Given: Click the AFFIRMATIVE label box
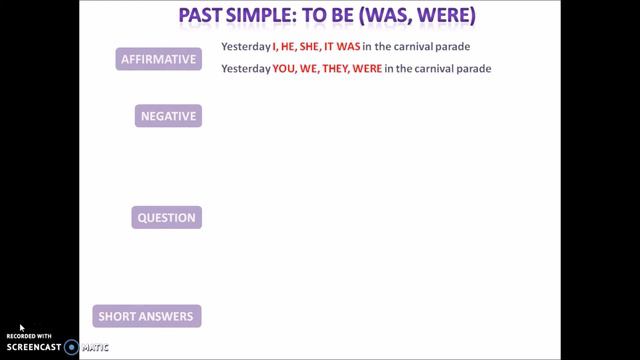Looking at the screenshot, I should (x=159, y=59).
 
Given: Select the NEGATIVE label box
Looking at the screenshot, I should (x=168, y=116).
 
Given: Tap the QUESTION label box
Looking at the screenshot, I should (x=166, y=217).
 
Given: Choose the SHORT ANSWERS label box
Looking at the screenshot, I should (x=147, y=317).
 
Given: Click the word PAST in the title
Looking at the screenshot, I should (x=206, y=17).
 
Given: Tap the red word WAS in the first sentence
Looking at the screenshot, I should (x=349, y=47).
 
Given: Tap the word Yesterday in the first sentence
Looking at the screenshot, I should (x=246, y=47).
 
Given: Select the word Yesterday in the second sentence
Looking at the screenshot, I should (x=246, y=68).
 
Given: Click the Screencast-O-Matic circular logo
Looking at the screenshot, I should (x=71, y=347).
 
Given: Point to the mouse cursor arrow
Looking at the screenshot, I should (x=21, y=327).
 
